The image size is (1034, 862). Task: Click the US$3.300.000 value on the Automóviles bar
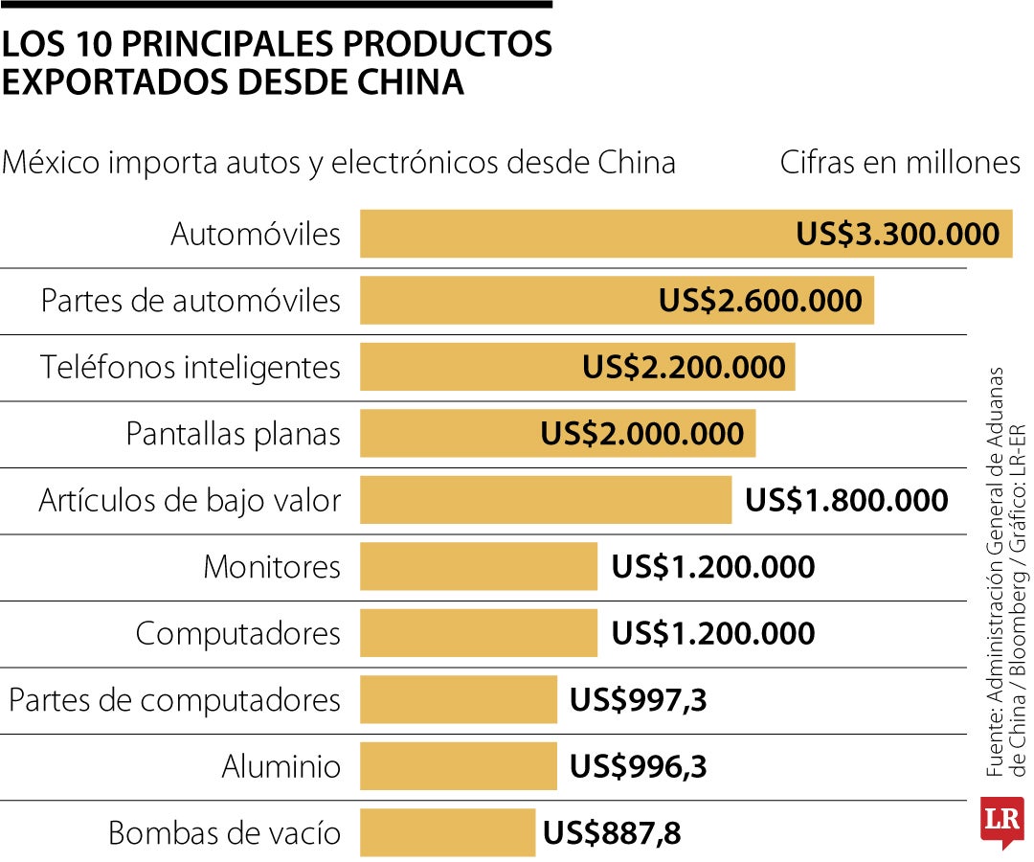[x=897, y=235]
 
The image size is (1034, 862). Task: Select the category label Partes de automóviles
[x=191, y=301]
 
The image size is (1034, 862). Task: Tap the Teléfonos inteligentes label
[x=191, y=368]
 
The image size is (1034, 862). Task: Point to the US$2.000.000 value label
[x=641, y=434]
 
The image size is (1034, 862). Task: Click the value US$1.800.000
[x=846, y=501]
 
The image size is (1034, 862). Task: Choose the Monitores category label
[x=272, y=567]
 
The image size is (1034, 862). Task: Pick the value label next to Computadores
[x=713, y=634]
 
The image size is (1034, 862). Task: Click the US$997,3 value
[x=638, y=700]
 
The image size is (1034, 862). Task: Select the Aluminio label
[x=281, y=767]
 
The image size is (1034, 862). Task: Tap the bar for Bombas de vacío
[x=447, y=832]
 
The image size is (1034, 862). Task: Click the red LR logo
[x=1001, y=821]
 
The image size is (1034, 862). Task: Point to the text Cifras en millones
[x=900, y=163]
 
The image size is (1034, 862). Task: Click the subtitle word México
[x=51, y=163]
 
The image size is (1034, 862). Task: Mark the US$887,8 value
[x=612, y=833]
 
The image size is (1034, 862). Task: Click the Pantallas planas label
[x=234, y=434]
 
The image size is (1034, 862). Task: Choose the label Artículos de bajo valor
[x=190, y=501]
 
